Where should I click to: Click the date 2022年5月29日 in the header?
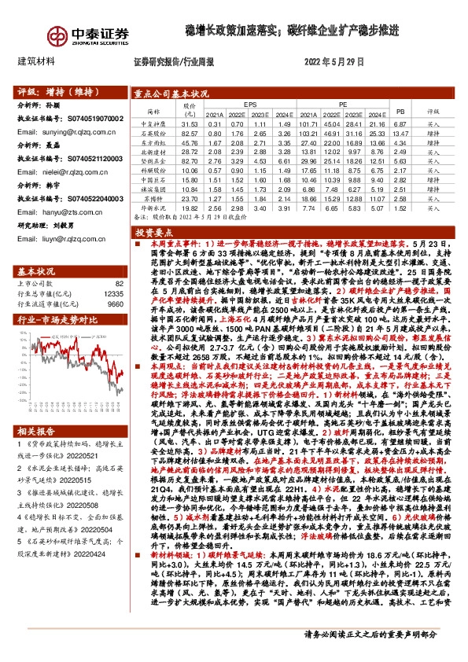(333, 61)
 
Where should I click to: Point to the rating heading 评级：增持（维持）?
(52, 91)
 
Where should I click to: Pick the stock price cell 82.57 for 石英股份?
(189, 134)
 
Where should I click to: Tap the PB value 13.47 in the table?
(400, 134)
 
